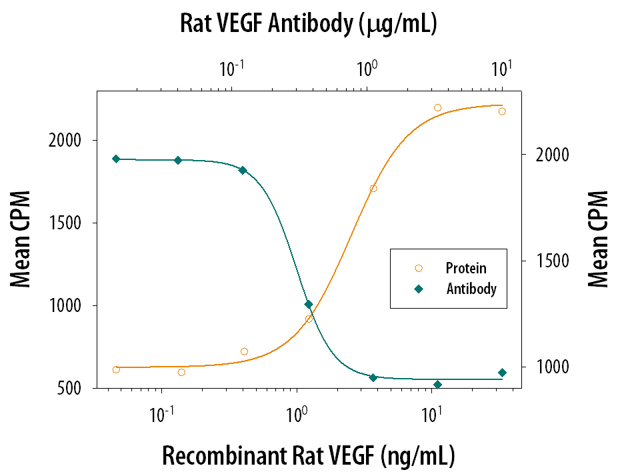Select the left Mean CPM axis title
(x=21, y=239)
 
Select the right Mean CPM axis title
(x=598, y=239)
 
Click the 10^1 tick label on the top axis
(x=501, y=69)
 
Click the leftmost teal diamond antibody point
(x=116, y=159)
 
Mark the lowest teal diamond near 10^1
(x=437, y=385)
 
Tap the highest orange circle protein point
(x=438, y=107)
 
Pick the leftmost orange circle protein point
(x=116, y=369)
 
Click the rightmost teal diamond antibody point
(x=502, y=373)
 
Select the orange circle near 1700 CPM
(x=373, y=189)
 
